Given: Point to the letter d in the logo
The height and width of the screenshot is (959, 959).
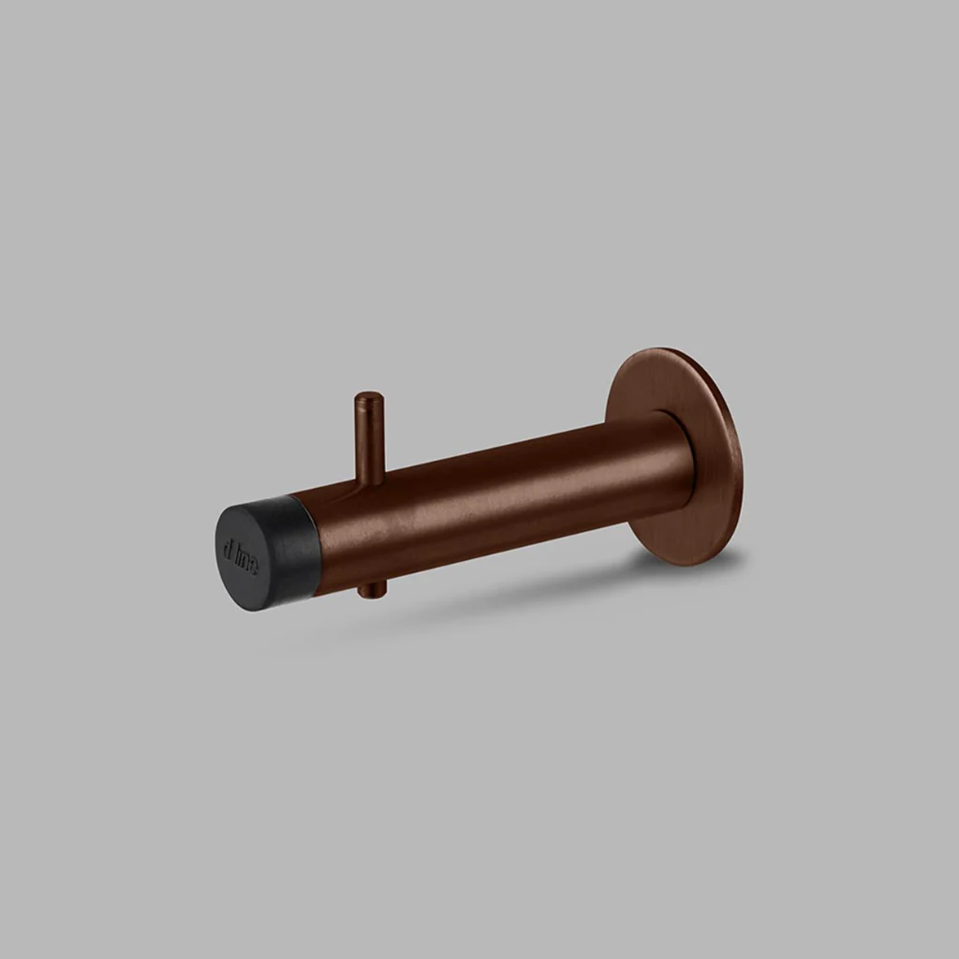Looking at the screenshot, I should [x=229, y=547].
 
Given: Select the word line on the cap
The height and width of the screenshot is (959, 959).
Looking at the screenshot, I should [x=247, y=560].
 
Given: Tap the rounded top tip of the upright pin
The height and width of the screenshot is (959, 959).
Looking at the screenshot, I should [x=368, y=397].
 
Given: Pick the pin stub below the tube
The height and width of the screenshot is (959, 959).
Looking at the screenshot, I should [x=371, y=590].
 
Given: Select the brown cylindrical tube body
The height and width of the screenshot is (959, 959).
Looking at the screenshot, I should [x=496, y=506].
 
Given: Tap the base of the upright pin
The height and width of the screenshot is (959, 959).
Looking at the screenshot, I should [x=370, y=479].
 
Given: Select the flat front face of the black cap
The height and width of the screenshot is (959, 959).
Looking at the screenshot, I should [x=241, y=557].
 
